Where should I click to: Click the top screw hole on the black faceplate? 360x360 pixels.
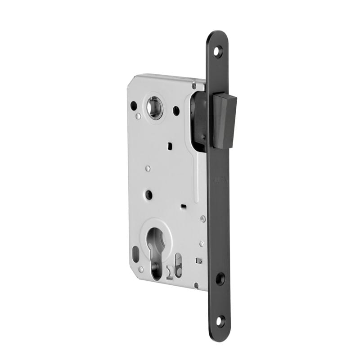(x=218, y=51)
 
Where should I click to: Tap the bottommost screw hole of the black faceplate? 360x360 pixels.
(x=220, y=321)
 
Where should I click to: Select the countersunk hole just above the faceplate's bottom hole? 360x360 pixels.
(x=220, y=279)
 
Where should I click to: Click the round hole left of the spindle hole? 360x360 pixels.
(x=134, y=106)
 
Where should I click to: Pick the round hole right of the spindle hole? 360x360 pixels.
(x=176, y=110)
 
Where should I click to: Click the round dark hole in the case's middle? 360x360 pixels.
(x=148, y=194)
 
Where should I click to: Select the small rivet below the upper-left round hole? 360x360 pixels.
(x=138, y=117)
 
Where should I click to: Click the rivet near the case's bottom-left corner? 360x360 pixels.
(x=141, y=269)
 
